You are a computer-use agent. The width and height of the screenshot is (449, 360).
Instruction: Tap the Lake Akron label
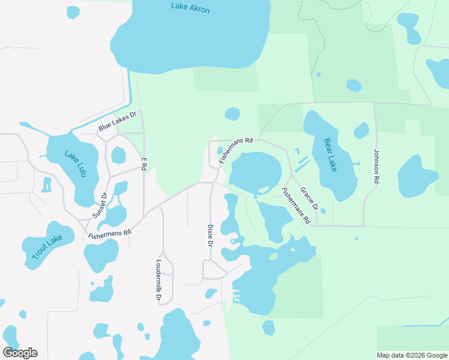(x=190, y=8)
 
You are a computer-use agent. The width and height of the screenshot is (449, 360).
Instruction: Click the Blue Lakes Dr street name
(x=118, y=122)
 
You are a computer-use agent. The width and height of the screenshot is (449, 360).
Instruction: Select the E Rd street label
(x=143, y=164)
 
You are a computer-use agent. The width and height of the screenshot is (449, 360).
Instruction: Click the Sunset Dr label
(x=100, y=206)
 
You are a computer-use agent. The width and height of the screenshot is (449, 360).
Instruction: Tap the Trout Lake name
(x=47, y=248)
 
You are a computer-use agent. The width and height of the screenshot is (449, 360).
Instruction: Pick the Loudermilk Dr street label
(x=158, y=280)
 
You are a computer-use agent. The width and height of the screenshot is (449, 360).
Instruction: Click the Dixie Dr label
(x=210, y=236)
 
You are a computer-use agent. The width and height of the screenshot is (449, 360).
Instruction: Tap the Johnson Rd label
(x=376, y=166)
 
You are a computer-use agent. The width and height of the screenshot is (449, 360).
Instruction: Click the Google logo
(x=20, y=353)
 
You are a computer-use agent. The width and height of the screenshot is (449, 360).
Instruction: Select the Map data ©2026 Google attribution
(x=412, y=355)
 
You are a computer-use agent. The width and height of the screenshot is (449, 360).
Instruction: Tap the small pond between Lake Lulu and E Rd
(x=119, y=155)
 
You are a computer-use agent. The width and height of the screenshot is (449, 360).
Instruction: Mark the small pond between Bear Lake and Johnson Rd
(x=361, y=130)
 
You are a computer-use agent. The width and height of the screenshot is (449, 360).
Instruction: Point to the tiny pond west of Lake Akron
(x=73, y=11)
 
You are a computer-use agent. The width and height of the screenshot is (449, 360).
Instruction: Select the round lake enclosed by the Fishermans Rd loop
(x=256, y=172)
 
